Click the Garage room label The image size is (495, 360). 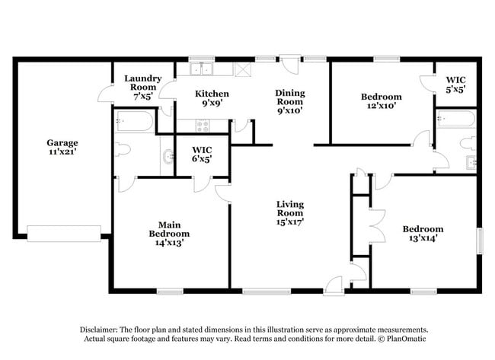point(62,148)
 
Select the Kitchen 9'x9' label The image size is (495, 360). point(212,99)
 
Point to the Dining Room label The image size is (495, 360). point(289,101)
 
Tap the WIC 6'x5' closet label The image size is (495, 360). point(202,154)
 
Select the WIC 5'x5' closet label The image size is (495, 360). point(455,84)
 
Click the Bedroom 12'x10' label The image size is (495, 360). point(381,101)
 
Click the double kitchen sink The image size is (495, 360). point(202,69)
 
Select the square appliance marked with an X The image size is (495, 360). point(244,69)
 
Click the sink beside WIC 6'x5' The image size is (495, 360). point(166,158)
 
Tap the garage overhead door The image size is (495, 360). point(64,233)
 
